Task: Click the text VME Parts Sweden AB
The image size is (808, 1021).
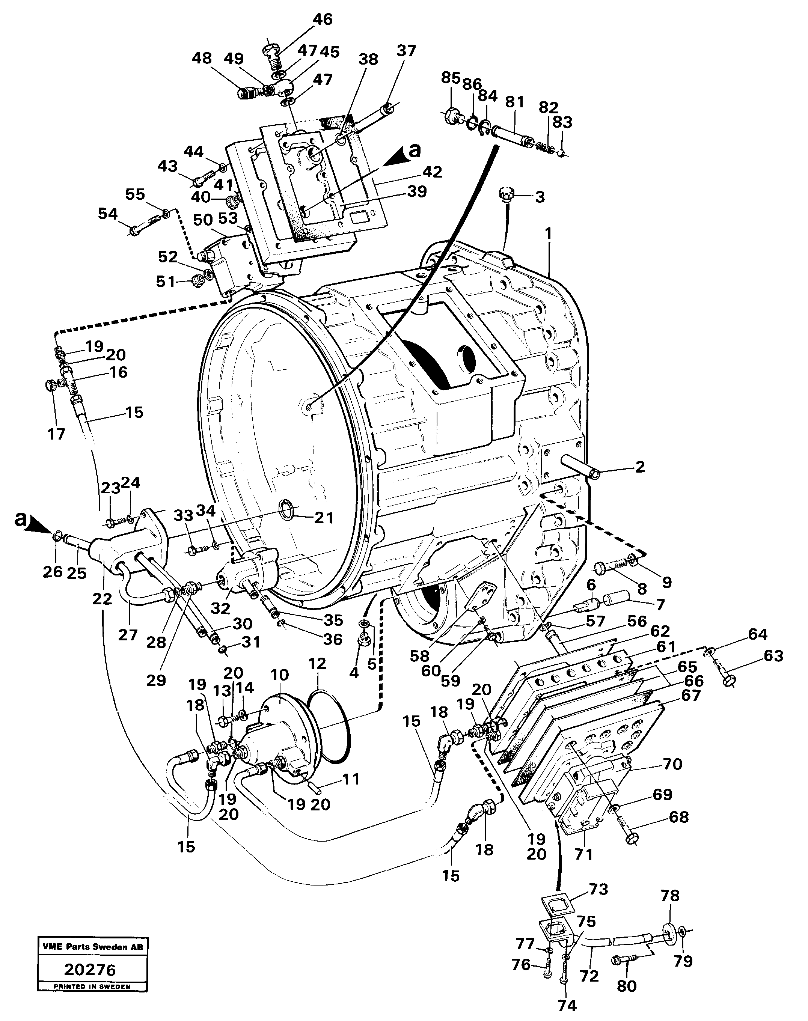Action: [x=92, y=947]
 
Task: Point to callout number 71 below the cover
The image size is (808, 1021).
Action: [x=583, y=854]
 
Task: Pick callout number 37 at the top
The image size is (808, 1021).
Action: [x=406, y=51]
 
